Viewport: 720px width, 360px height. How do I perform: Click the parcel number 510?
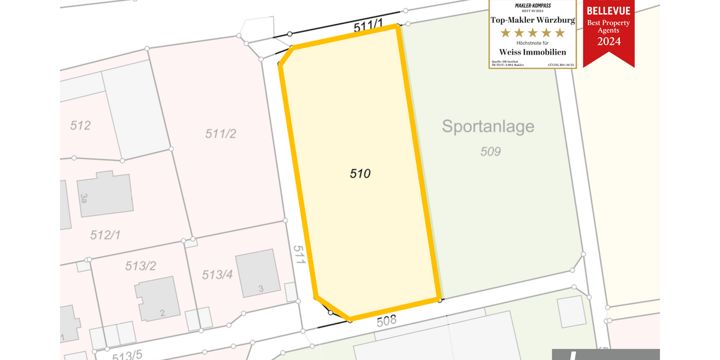(x=360, y=174)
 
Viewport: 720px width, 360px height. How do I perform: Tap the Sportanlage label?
(x=488, y=127)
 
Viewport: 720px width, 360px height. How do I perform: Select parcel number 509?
(x=490, y=152)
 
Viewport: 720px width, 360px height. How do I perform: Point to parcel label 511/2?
(x=220, y=134)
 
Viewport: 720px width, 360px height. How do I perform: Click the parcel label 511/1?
(x=368, y=27)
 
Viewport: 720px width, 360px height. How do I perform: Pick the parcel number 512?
(x=80, y=125)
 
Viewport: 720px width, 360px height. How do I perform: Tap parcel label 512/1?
(x=105, y=235)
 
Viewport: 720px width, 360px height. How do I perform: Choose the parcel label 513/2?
(x=141, y=266)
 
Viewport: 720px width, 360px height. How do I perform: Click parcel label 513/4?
(x=217, y=275)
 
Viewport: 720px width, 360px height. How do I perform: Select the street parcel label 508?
(x=387, y=320)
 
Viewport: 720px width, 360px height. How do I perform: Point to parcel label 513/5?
(x=127, y=355)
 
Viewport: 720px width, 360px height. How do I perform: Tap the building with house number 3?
(x=258, y=276)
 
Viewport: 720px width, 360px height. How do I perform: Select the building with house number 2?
(x=158, y=299)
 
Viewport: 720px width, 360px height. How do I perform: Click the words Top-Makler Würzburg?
(x=533, y=20)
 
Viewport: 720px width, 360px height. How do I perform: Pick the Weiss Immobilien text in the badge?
(x=533, y=52)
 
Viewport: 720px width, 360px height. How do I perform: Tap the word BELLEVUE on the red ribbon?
(x=608, y=11)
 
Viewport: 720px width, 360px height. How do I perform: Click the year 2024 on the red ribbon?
(x=608, y=41)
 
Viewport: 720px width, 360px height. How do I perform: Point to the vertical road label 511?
(x=300, y=254)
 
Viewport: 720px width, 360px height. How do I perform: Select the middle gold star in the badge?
(x=533, y=32)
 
